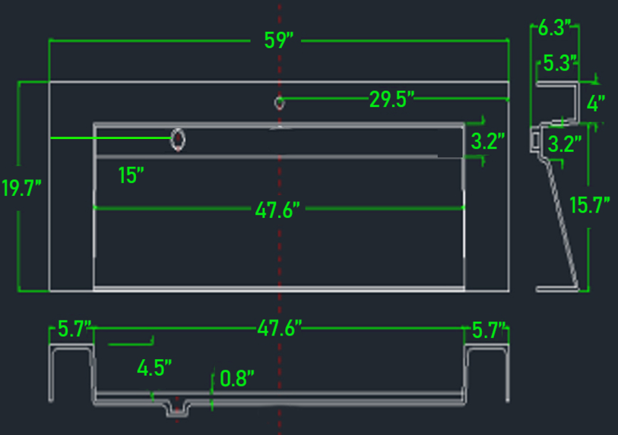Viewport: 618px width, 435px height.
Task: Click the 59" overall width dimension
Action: [279, 40]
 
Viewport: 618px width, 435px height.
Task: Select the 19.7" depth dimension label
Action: [22, 188]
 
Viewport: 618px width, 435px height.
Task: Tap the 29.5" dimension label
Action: [391, 99]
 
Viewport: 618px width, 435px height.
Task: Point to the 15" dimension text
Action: [132, 175]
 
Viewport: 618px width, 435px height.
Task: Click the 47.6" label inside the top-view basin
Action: [277, 210]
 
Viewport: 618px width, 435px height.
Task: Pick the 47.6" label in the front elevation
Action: [280, 328]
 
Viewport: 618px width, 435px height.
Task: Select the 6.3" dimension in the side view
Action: [555, 27]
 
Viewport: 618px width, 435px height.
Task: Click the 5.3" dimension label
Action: [560, 63]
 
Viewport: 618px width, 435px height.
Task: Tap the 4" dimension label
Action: [596, 103]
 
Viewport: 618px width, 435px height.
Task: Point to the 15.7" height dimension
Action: [590, 205]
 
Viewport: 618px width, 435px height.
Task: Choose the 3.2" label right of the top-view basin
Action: [488, 141]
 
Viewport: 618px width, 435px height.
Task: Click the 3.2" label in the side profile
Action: [565, 143]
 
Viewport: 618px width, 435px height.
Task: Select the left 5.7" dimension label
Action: [74, 329]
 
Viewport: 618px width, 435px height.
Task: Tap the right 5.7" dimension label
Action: [489, 330]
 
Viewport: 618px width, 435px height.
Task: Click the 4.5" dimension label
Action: [154, 368]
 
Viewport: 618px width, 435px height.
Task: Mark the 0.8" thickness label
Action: [237, 378]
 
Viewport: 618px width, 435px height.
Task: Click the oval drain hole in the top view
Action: [178, 140]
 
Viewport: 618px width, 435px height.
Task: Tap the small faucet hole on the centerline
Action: [280, 103]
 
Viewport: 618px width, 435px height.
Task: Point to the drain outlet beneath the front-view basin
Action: [177, 408]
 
